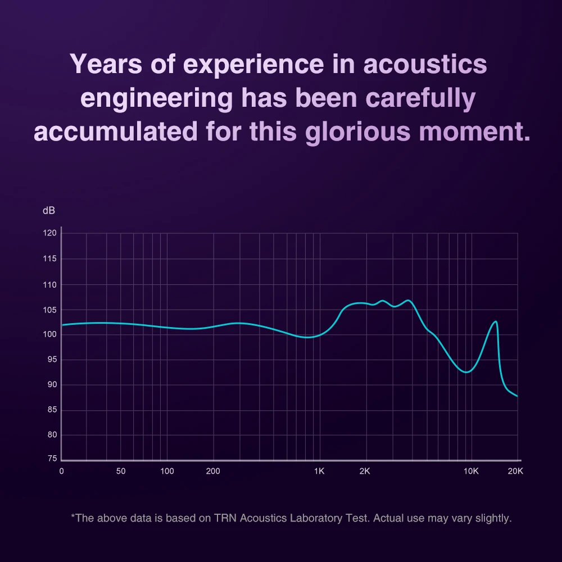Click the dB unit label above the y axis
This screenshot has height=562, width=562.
[49, 211]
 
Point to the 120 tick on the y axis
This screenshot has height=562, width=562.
[50, 233]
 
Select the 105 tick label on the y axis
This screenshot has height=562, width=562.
[50, 310]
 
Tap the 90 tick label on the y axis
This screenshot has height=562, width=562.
[51, 385]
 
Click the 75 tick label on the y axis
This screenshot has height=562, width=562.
[51, 459]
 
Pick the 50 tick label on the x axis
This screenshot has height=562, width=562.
[121, 471]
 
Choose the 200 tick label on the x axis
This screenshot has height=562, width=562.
[213, 471]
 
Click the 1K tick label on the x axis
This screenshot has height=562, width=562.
[319, 471]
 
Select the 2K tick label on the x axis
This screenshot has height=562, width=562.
[364, 471]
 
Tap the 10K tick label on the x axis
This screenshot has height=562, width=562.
[470, 471]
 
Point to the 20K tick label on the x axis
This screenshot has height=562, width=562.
[515, 471]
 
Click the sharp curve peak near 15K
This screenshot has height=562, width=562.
[495, 321]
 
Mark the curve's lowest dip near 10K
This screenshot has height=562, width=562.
[466, 372]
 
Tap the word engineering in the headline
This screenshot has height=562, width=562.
[156, 98]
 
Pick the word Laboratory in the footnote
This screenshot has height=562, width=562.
[318, 518]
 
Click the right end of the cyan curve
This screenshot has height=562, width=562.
[516, 396]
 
